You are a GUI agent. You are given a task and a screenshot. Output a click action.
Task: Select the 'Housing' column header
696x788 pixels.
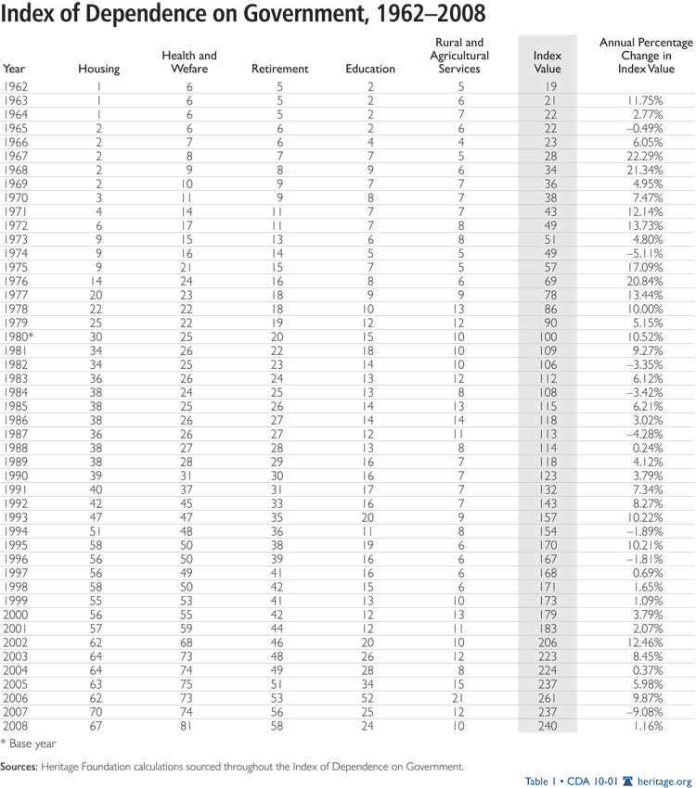pyautogui.click(x=97, y=69)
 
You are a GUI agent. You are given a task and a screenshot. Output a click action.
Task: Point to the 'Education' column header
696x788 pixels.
pyautogui.click(x=369, y=69)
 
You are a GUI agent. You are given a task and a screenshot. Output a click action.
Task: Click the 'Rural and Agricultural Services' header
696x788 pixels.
pyautogui.click(x=458, y=56)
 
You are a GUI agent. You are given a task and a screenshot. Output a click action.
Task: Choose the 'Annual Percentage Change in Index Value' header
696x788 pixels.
pyautogui.click(x=645, y=56)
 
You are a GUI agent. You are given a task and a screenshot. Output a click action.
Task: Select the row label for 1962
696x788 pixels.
pyautogui.click(x=15, y=84)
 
